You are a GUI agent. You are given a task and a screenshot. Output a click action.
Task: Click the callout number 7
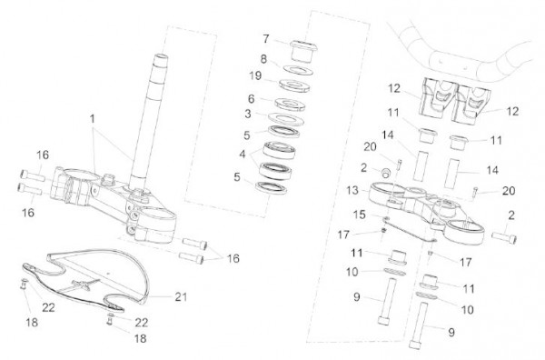tap(266, 38)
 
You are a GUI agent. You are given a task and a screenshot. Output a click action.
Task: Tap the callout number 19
tap(255, 75)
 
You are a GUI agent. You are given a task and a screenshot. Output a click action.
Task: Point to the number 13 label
tap(352, 191)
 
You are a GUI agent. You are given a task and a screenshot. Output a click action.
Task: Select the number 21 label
tap(181, 297)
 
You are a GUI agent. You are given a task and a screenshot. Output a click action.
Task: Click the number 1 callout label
tap(92, 119)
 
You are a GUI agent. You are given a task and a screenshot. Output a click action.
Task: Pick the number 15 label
tap(360, 215)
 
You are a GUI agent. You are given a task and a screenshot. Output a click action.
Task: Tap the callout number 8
tap(263, 59)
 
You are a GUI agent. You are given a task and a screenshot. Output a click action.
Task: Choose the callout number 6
tap(252, 99)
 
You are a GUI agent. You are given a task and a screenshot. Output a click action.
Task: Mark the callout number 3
tap(248, 114)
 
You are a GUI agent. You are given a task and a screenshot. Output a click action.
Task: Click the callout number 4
tap(243, 154)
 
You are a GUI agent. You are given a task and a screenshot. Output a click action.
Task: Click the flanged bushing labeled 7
tap(302, 51)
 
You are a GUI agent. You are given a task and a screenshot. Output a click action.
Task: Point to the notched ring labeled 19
tap(294, 85)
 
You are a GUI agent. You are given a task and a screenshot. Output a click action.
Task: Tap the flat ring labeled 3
tap(286, 118)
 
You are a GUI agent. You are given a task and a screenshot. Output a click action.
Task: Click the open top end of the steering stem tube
tap(159, 57)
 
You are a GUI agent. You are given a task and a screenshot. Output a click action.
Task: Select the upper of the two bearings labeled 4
tap(279, 150)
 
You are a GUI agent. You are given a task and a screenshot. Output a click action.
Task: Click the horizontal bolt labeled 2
tap(504, 236)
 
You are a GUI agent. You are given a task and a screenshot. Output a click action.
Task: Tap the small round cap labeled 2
tap(386, 173)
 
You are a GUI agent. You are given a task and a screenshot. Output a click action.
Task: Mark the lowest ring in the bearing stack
tap(271, 187)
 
